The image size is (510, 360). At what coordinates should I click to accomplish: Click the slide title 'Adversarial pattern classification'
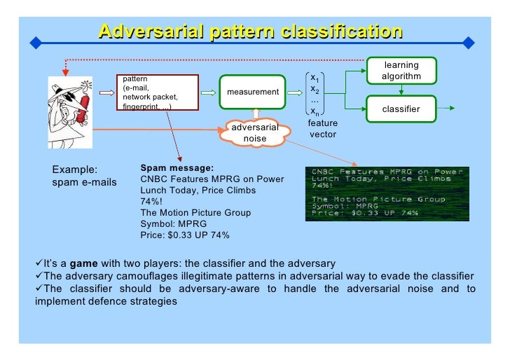[x=250, y=32]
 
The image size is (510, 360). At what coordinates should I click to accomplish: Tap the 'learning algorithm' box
[x=401, y=70]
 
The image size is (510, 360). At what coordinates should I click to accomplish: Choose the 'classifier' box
[x=401, y=109]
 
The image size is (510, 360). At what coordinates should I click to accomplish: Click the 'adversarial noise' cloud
[x=254, y=133]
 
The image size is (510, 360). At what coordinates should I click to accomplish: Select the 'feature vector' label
[x=322, y=129]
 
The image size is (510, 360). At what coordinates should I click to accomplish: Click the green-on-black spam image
[x=387, y=193]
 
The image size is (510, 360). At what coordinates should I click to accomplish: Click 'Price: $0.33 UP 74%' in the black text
[x=185, y=235]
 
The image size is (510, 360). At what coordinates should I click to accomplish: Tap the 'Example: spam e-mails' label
[x=84, y=176]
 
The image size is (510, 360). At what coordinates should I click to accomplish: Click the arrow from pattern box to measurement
[x=208, y=92]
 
